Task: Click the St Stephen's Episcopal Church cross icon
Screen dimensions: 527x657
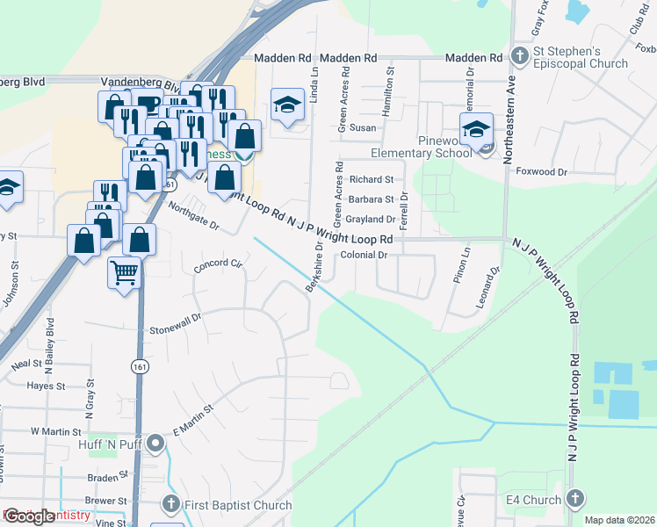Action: tap(519, 57)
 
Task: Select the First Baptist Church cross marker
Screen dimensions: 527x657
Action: tap(172, 504)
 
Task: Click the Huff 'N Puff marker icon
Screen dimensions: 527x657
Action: tap(155, 442)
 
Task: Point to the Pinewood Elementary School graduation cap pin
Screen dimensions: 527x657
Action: tap(476, 129)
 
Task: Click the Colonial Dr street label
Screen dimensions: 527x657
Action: tap(364, 255)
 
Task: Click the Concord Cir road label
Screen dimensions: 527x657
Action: tap(218, 263)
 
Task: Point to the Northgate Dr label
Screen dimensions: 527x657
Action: tap(192, 217)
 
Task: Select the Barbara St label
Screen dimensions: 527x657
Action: tap(370, 199)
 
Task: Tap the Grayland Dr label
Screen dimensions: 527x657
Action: tap(370, 219)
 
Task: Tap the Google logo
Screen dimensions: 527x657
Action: tap(30, 516)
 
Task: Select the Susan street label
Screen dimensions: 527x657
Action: tap(363, 127)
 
